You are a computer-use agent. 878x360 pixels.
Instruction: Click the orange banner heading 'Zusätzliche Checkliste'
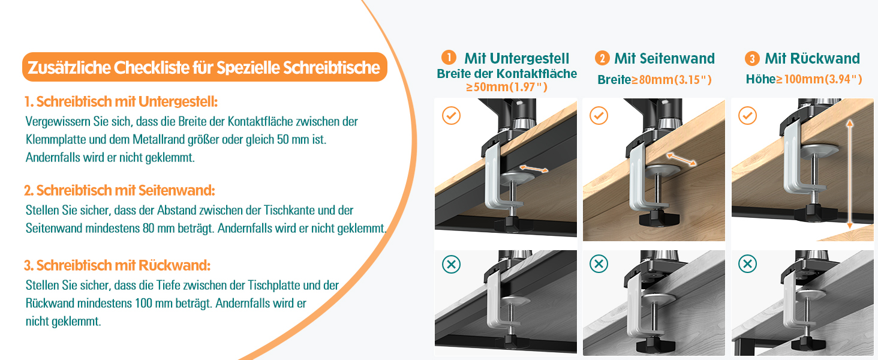(x=204, y=67)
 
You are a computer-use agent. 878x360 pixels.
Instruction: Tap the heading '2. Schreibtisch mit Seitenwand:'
(x=119, y=191)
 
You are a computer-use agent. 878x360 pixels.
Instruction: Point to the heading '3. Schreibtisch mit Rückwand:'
(x=117, y=265)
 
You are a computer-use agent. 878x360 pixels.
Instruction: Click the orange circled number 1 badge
(x=448, y=58)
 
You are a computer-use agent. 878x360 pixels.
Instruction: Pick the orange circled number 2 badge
(x=602, y=58)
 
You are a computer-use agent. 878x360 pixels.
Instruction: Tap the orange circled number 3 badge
(x=752, y=58)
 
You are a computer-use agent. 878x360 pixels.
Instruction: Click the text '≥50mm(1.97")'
(x=507, y=87)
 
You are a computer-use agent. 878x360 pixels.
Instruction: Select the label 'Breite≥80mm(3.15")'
(x=654, y=80)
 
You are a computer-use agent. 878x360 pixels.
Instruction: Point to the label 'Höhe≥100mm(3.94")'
(x=804, y=79)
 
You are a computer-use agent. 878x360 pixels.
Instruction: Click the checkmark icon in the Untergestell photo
(x=451, y=115)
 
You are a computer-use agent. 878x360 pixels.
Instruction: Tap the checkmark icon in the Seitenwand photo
(x=599, y=115)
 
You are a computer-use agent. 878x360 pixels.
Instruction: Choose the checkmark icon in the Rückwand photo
(x=747, y=115)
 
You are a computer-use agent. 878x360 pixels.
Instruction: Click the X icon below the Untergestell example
(x=451, y=264)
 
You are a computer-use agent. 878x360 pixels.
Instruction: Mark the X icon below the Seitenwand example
(x=599, y=264)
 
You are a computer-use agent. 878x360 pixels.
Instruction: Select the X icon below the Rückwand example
(x=747, y=264)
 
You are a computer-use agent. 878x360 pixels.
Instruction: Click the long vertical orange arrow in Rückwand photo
(x=849, y=174)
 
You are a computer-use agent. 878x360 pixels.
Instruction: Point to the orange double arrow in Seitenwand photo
(x=681, y=158)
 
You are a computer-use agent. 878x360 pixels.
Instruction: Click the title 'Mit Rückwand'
(x=812, y=58)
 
